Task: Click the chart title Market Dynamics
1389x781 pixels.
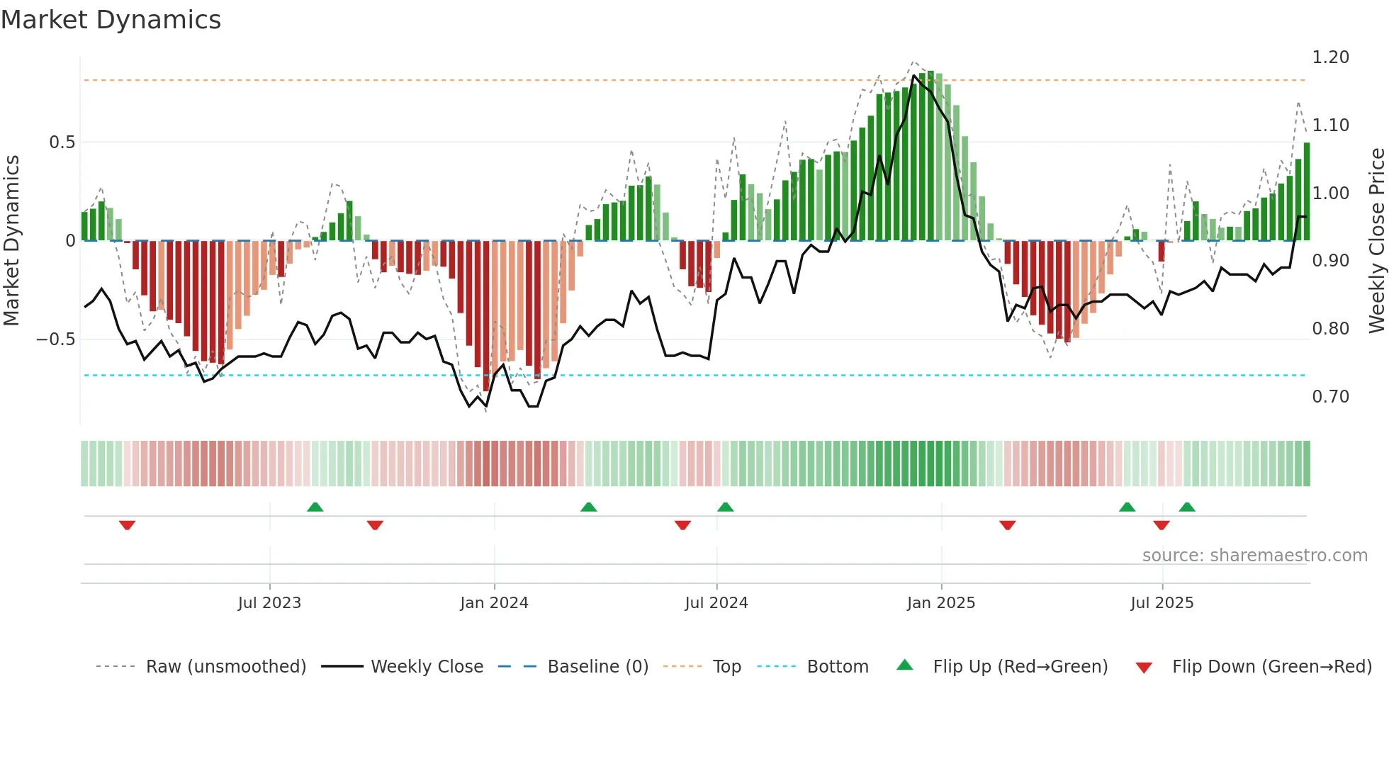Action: click(x=111, y=20)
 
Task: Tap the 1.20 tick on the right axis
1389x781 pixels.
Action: click(x=1330, y=57)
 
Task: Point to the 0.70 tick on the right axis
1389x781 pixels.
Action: click(x=1330, y=397)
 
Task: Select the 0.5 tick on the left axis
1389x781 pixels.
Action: click(x=62, y=142)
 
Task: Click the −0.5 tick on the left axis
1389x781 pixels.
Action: click(x=55, y=339)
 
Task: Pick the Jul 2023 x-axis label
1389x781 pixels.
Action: click(x=269, y=603)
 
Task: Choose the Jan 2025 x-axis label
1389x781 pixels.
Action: click(x=940, y=603)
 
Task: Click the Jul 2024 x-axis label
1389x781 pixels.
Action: click(x=716, y=603)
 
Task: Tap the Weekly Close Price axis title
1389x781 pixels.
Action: click(x=1376, y=240)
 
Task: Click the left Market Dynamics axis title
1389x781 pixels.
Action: click(x=11, y=240)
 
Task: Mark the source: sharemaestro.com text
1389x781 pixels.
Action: click(x=1254, y=556)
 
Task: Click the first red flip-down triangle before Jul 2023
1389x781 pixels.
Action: click(x=127, y=525)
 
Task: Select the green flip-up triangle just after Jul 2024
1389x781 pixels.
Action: click(x=725, y=507)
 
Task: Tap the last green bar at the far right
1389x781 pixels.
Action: click(x=1307, y=191)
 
